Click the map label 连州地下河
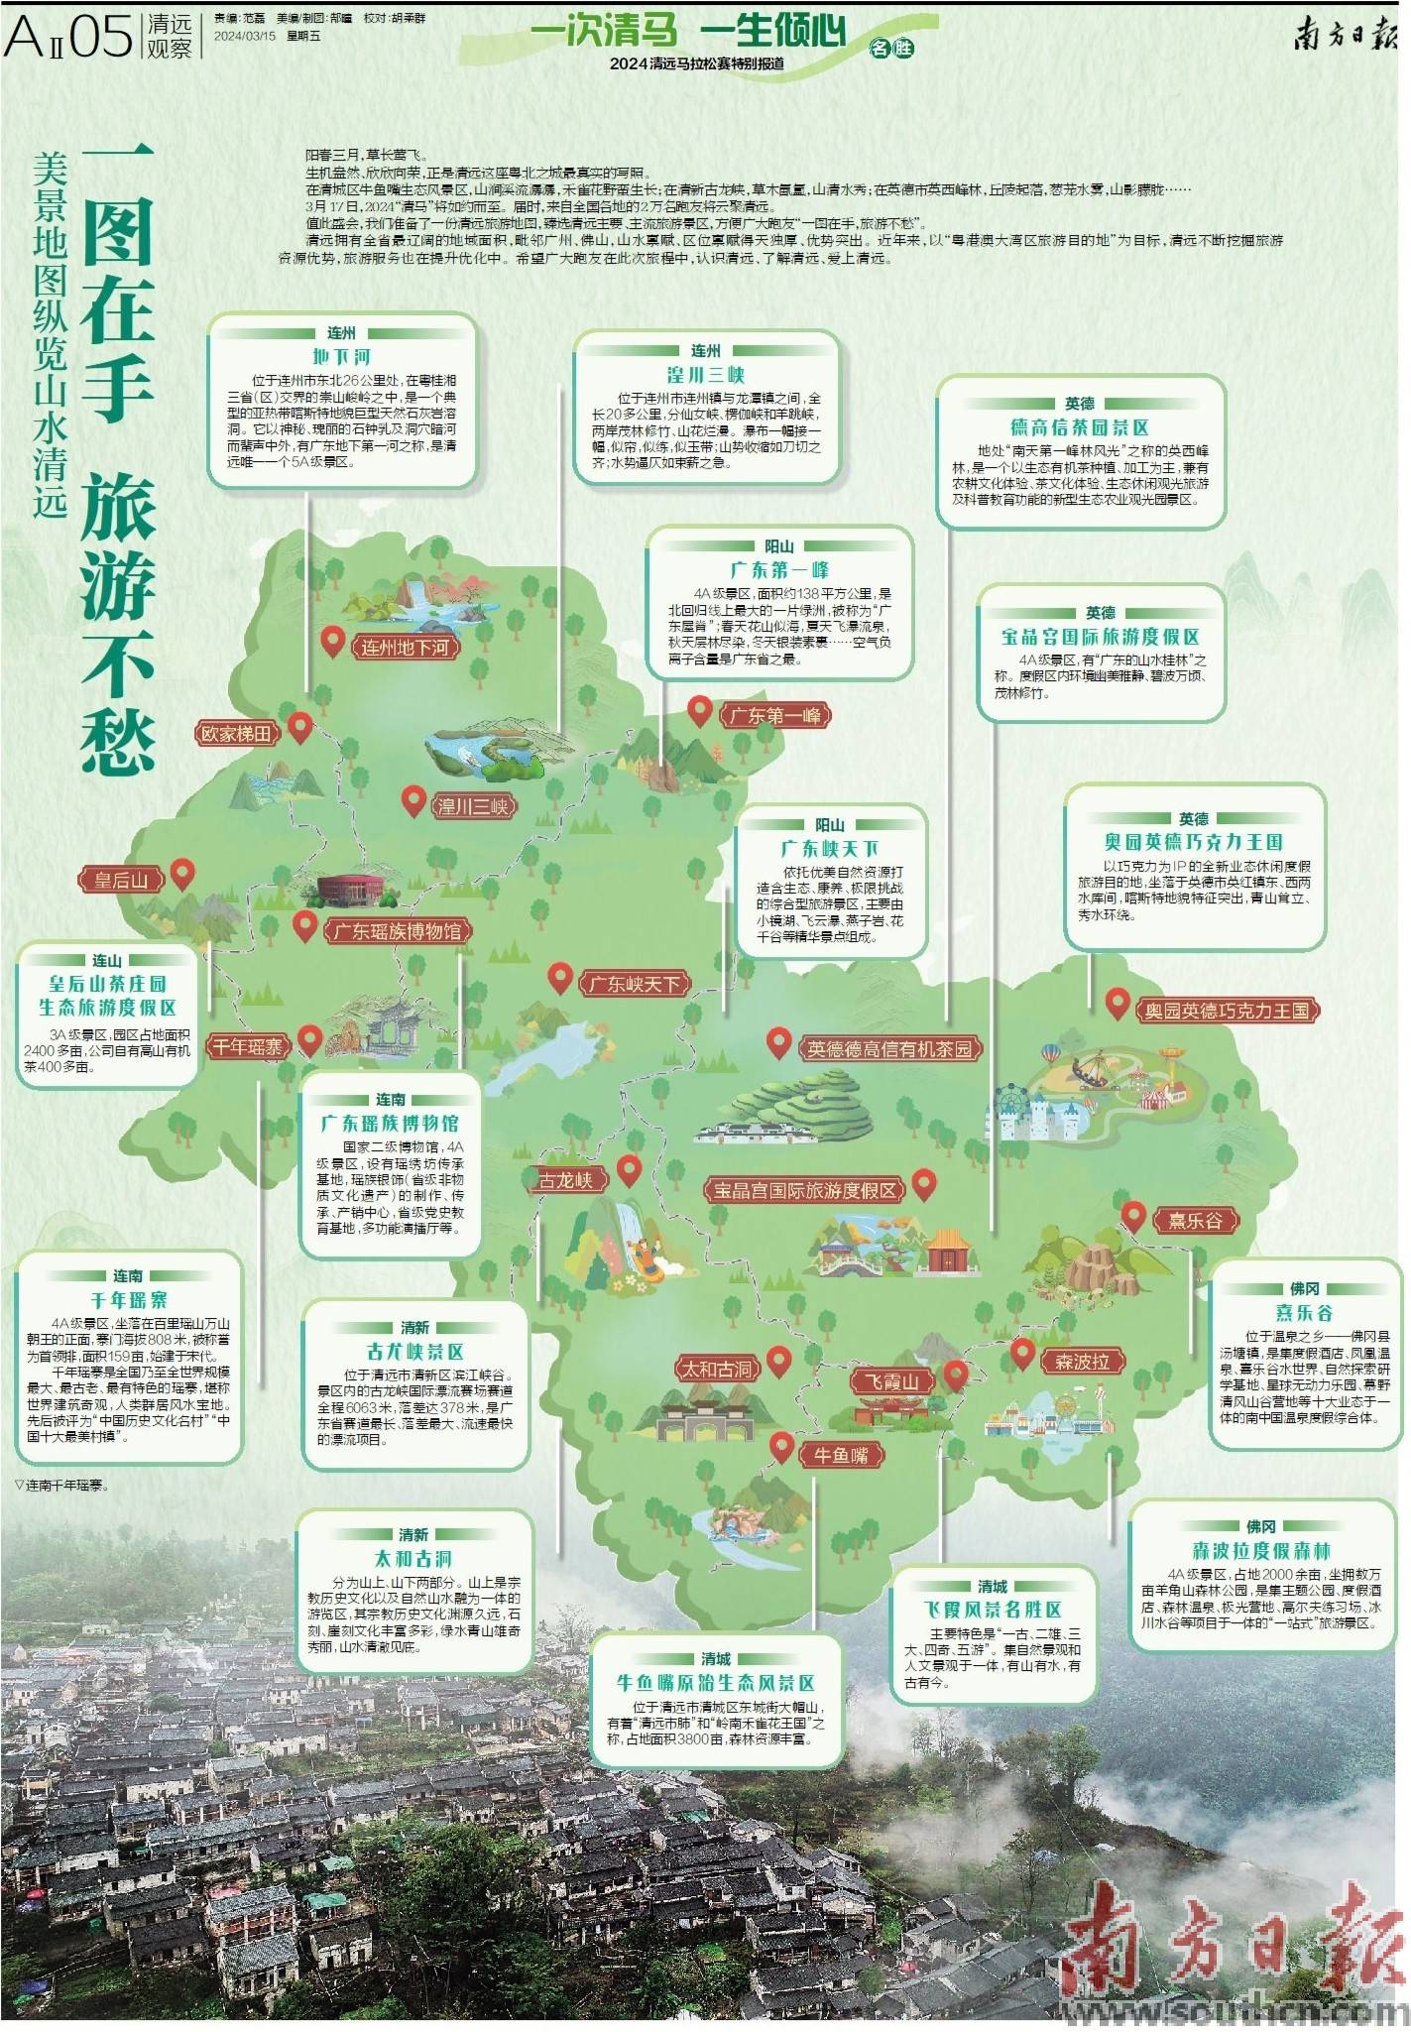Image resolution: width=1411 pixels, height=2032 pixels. pos(406,648)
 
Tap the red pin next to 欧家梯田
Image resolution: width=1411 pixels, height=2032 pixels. pos(299,729)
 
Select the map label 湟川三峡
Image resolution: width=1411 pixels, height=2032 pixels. pos(473,806)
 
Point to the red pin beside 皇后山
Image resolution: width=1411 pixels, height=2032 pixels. pos(182,874)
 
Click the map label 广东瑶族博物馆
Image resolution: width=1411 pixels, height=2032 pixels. pos(397,931)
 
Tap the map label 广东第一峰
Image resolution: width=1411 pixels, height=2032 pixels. pos(774,715)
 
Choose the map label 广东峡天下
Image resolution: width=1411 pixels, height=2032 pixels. pos(635,984)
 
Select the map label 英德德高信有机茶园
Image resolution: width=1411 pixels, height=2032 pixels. pos(889,1049)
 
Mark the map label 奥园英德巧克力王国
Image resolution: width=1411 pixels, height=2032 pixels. pos(1227,1011)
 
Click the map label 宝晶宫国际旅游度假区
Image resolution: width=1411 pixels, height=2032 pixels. pos(805,1190)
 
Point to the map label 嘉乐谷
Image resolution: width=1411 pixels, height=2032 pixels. pos(1195,1221)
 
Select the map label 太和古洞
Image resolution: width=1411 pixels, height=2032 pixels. pos(716,1370)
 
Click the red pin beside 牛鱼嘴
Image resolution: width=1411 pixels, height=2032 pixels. pos(781,1447)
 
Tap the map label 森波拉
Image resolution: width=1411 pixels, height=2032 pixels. pos(1082,1362)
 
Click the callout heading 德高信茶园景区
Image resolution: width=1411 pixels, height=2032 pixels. pos(1079,427)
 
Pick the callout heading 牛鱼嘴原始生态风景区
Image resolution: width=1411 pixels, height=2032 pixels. pos(716,1683)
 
